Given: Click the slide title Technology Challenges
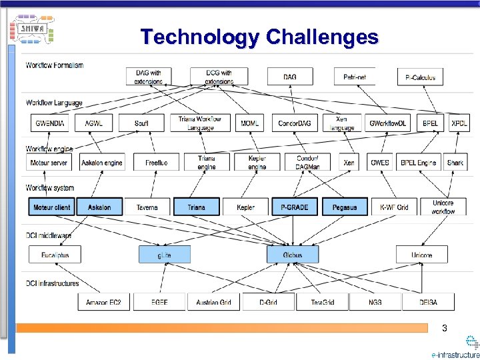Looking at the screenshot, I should (x=259, y=37).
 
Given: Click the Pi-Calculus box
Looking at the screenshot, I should (x=420, y=77).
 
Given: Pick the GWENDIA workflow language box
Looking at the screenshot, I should (x=49, y=123).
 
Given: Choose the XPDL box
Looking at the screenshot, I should (x=459, y=123).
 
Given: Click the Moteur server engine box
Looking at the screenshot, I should (x=49, y=162).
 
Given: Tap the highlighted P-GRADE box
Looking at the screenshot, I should (x=294, y=207).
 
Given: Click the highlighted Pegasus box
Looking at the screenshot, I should (x=344, y=207).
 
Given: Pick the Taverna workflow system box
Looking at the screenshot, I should (x=147, y=207).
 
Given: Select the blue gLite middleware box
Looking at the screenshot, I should (x=164, y=255).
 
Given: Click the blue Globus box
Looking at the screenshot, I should (x=292, y=255).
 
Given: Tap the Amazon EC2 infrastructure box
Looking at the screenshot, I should (x=103, y=302).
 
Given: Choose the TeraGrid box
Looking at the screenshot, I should (x=323, y=302).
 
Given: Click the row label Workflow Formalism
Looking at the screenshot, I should (x=55, y=65).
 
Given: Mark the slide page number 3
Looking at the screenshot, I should (x=445, y=328).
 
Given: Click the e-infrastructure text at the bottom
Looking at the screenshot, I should (x=455, y=355).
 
